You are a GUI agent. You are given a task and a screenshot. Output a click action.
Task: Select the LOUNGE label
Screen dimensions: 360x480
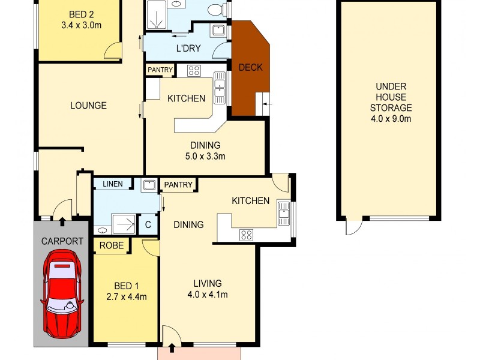click(x=88, y=106)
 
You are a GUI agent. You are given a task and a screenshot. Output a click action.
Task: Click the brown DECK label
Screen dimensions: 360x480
click(x=250, y=67)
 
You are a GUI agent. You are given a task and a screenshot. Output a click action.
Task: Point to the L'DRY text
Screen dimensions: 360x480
click(x=188, y=48)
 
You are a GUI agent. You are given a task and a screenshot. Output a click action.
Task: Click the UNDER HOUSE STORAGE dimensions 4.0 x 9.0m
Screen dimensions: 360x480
click(x=391, y=119)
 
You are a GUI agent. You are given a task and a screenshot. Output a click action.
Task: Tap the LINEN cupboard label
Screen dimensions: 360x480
click(x=113, y=184)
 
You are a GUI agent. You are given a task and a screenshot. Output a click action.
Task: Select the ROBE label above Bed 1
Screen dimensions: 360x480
click(x=112, y=245)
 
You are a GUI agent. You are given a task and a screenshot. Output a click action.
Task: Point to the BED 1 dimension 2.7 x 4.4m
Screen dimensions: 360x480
click(x=126, y=296)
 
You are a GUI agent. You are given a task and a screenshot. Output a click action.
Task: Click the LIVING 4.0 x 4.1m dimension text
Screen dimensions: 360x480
click(x=208, y=295)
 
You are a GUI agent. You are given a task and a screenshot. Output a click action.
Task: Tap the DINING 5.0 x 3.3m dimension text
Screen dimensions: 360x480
click(x=206, y=157)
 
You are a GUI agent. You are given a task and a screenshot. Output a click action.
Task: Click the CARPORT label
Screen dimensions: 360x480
click(x=62, y=242)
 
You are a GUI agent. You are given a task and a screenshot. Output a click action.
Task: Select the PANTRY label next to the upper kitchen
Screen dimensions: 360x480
click(x=160, y=70)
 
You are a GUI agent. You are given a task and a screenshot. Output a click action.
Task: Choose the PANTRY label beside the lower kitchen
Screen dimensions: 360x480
click(x=178, y=185)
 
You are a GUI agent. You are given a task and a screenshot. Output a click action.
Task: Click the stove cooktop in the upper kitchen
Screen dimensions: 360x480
click(x=194, y=71)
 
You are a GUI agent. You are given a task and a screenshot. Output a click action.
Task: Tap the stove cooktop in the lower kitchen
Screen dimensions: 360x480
click(x=246, y=235)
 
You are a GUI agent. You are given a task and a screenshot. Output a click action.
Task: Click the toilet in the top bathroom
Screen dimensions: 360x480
click(x=216, y=9)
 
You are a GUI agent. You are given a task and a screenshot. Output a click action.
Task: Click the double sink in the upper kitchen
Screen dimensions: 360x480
click(x=220, y=84)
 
